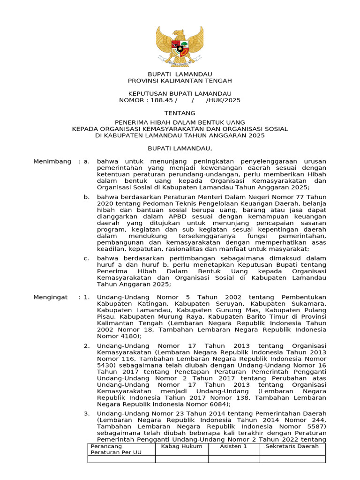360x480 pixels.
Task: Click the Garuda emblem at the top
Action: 180,45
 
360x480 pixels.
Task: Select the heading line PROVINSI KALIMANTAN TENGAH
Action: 180,81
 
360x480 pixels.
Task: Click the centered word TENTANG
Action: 180,113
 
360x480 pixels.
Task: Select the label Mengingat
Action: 51,297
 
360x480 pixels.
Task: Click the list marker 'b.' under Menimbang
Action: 87,197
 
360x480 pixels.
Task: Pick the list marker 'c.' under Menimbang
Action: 87,258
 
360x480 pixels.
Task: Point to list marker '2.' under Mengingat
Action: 87,346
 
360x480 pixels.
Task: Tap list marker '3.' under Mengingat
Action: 87,414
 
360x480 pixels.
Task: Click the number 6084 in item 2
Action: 218,404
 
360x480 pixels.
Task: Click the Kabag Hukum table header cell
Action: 182,446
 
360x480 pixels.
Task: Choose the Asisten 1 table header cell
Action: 233,446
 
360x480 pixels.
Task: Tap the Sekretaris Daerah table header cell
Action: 292,446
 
